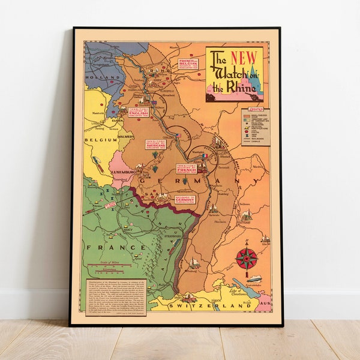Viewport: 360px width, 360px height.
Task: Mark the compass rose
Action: pos(246,259)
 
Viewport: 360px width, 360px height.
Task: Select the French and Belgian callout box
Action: pos(188,64)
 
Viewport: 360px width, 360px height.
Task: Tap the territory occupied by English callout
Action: pos(139,113)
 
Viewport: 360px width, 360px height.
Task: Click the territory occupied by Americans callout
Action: pos(155,143)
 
